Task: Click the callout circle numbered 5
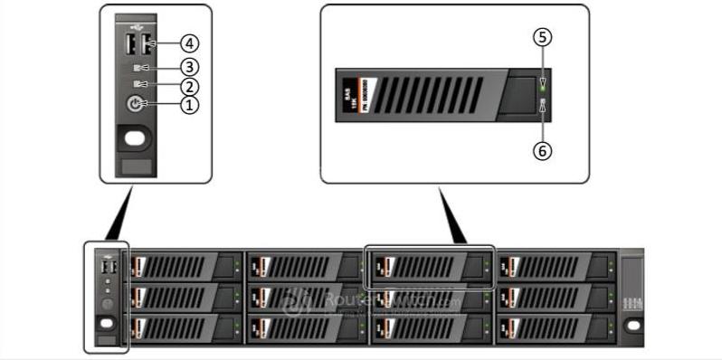click(x=542, y=37)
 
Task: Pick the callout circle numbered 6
click(x=542, y=151)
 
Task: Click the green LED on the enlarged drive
click(x=542, y=87)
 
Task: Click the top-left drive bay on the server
click(x=186, y=267)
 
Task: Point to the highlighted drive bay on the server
click(x=430, y=267)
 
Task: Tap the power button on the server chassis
click(x=106, y=305)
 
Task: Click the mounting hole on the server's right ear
click(x=633, y=325)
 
